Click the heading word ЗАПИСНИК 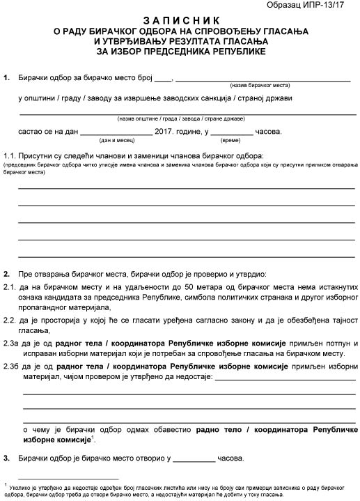pyautogui.click(x=180, y=22)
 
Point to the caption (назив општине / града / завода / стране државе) pyautogui.click(x=180, y=118)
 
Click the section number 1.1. pyautogui.click(x=10, y=155)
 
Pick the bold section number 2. pyautogui.click(x=6, y=273)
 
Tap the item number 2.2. pyautogui.click(x=10, y=321)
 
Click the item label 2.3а pyautogui.click(x=12, y=344)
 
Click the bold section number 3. pyautogui.click(x=6, y=460)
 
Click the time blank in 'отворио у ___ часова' pyautogui.click(x=194, y=460)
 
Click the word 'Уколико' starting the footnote pyautogui.click(x=21, y=486)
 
